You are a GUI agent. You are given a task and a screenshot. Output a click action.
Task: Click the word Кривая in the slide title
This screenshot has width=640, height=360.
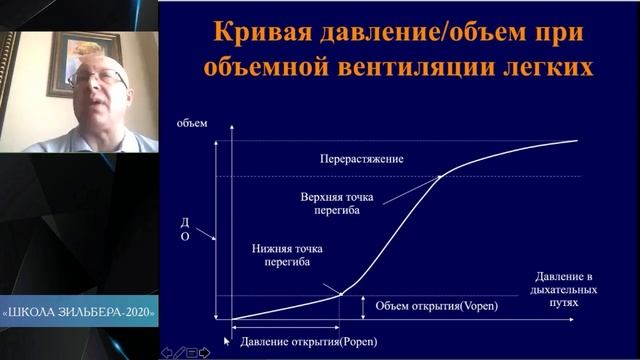[x=251, y=31]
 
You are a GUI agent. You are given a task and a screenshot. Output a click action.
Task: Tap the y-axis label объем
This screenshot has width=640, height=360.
[x=192, y=124]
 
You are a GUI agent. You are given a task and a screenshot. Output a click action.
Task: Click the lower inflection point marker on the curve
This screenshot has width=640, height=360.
[x=340, y=294]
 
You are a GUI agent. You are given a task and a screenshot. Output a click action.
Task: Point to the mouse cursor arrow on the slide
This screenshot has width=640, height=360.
[x=227, y=340]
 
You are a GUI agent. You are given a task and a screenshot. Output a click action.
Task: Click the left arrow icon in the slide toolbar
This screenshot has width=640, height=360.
[x=167, y=352]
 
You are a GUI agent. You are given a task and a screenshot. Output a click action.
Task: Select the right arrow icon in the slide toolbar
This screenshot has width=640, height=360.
[x=204, y=352]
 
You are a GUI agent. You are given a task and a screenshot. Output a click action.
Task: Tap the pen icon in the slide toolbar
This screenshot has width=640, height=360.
[x=179, y=352]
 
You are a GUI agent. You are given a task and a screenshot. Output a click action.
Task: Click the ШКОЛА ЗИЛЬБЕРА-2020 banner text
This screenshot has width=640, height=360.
[x=80, y=310]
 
